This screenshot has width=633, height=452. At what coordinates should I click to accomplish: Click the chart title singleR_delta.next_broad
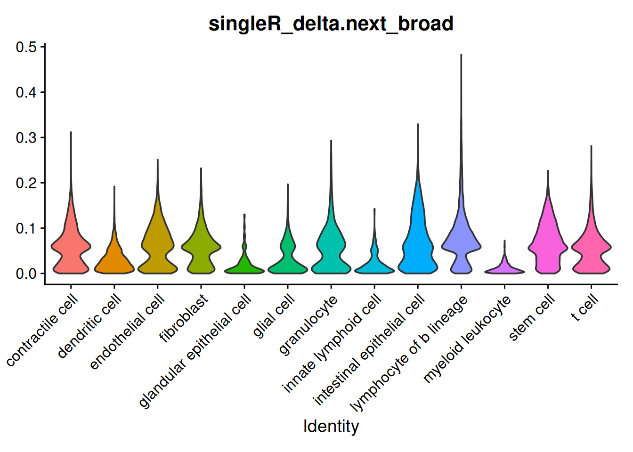[x=331, y=24]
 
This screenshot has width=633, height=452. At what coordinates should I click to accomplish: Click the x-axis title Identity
[x=331, y=426]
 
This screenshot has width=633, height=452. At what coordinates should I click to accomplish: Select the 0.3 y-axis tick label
[x=26, y=137]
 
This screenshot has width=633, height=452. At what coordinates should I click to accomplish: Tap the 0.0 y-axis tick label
[x=26, y=274]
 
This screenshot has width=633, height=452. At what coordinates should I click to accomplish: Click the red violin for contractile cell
[x=71, y=250]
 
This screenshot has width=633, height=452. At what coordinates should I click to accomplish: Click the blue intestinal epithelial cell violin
[x=417, y=245]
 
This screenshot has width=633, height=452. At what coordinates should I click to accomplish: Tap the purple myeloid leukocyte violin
[x=504, y=269]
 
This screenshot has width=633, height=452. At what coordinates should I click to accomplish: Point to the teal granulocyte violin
[x=331, y=250]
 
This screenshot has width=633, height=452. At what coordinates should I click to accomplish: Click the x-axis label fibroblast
[x=184, y=319]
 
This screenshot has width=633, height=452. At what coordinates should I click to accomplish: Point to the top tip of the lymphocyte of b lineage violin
[x=461, y=55]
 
